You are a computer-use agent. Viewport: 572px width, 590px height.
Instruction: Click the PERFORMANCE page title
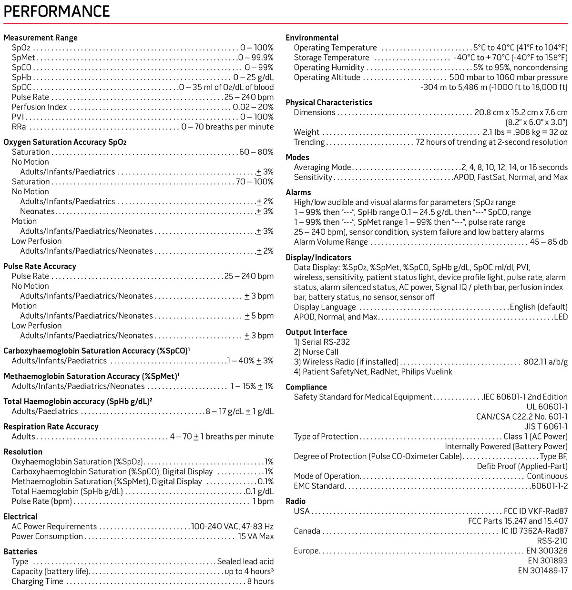click(x=57, y=11)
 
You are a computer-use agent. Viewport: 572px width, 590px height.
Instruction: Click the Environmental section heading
click(x=312, y=38)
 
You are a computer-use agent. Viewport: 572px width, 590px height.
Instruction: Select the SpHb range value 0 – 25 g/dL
click(x=253, y=77)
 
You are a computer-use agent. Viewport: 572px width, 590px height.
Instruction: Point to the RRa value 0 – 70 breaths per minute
click(x=227, y=127)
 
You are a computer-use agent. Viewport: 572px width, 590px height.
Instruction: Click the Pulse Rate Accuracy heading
click(x=40, y=266)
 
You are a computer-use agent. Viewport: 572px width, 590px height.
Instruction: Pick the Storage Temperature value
click(x=511, y=58)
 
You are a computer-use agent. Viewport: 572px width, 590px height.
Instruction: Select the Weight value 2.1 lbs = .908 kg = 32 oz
click(x=525, y=132)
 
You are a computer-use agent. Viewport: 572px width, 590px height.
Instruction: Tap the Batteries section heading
click(x=20, y=551)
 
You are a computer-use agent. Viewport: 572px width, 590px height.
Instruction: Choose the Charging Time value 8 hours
click(x=260, y=581)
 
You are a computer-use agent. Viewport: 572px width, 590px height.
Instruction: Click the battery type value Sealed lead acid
click(x=245, y=561)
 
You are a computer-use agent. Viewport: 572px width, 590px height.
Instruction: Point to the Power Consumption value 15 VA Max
click(x=255, y=536)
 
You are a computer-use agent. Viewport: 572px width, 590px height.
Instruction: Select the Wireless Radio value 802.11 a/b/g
click(x=545, y=362)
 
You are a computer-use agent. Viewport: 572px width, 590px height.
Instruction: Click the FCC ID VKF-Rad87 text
click(x=536, y=511)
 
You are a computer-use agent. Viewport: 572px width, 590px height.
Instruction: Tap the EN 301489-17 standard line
click(x=542, y=570)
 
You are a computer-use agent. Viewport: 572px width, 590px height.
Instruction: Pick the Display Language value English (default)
click(x=539, y=307)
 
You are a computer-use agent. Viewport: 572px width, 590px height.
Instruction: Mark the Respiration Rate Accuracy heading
click(x=51, y=427)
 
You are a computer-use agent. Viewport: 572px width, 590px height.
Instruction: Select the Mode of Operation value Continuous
click(x=547, y=476)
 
